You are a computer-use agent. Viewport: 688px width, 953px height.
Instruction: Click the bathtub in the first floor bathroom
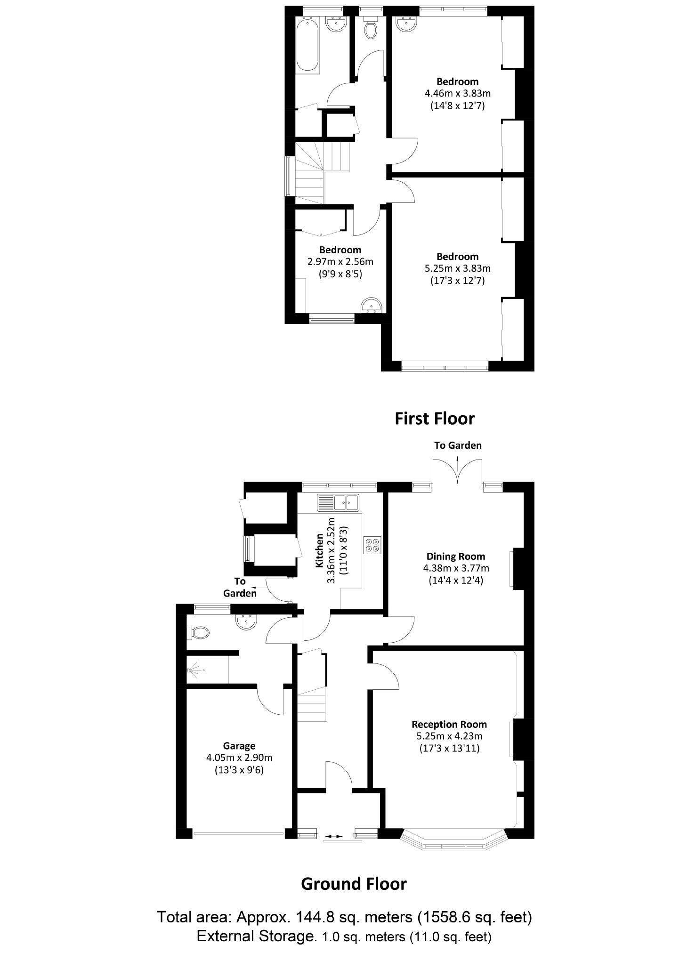click(308, 44)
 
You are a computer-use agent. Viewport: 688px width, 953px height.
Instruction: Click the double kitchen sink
click(338, 502)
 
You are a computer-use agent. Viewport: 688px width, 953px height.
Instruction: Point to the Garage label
click(239, 746)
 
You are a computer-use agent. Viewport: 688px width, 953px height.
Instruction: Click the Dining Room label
click(455, 556)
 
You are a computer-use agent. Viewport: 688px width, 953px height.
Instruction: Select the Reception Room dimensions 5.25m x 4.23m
click(449, 736)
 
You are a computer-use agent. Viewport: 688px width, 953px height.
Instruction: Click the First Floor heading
click(434, 419)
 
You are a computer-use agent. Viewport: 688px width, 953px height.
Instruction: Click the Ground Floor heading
click(353, 884)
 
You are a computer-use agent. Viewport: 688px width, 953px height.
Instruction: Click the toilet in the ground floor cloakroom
click(198, 632)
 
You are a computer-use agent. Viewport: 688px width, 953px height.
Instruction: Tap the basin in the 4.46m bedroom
click(405, 24)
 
